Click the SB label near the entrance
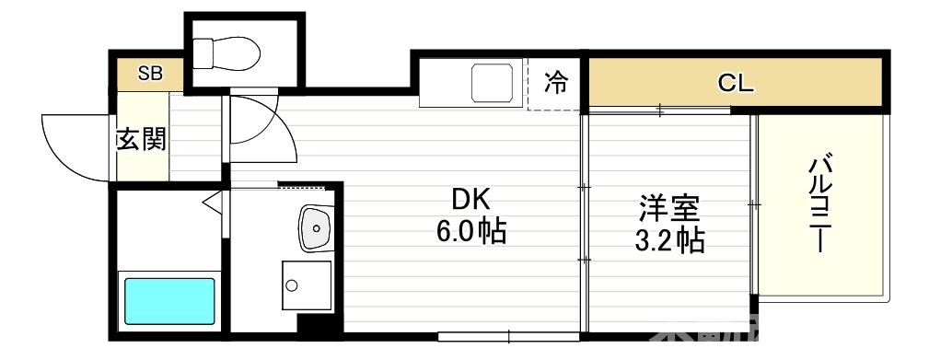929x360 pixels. point(149,75)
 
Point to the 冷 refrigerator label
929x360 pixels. point(556,83)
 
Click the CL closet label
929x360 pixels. point(736,84)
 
